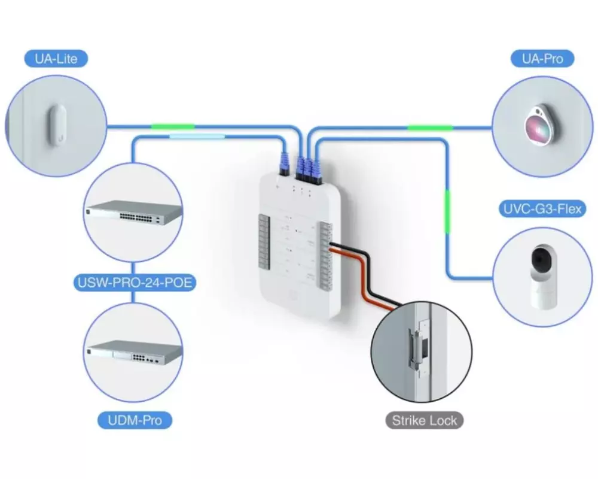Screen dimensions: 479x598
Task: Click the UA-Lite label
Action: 56,58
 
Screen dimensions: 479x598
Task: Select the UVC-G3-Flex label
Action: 541,209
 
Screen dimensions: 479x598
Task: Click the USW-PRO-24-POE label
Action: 135,281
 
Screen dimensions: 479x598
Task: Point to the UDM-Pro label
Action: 135,420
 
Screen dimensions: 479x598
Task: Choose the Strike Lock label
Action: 424,420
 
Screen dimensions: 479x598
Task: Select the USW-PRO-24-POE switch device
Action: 133,212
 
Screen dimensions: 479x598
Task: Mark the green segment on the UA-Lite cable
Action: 173,126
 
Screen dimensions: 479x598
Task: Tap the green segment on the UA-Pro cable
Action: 430,127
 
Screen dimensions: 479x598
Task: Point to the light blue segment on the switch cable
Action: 197,137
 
